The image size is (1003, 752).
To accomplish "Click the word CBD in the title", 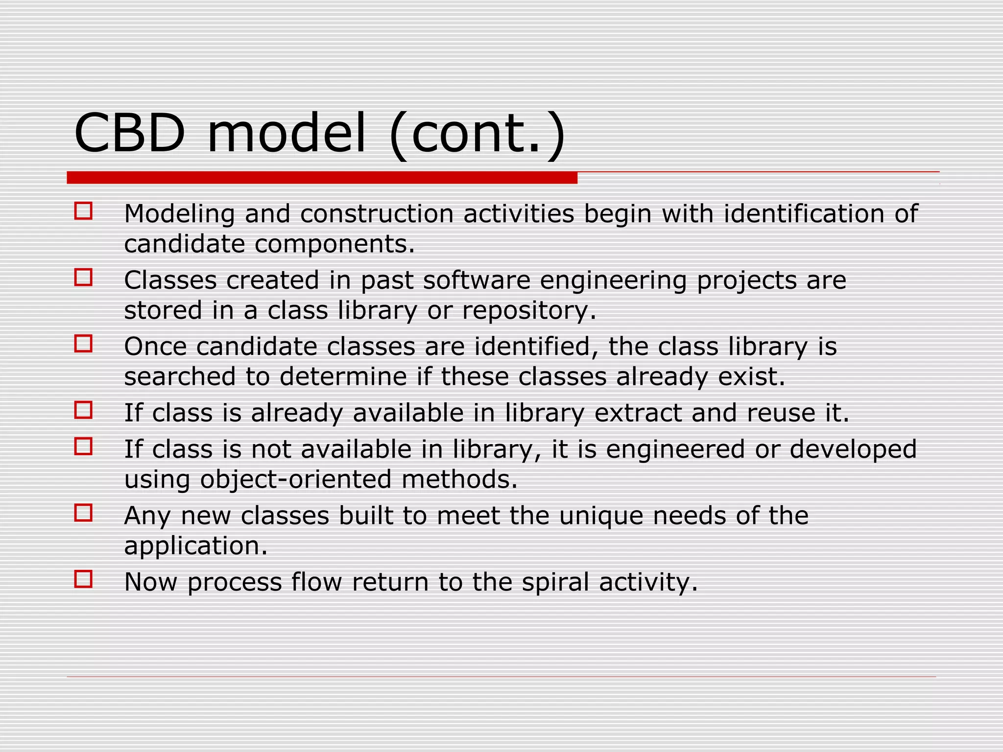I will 130,133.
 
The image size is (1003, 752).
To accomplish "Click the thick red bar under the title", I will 322,178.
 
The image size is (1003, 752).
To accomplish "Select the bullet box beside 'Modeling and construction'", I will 83,211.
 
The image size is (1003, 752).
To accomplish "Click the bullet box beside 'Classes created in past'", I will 83,278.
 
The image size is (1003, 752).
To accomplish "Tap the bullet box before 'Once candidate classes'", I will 83,344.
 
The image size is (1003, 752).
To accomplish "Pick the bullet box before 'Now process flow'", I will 83,579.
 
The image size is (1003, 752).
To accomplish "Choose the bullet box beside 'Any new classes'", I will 83,513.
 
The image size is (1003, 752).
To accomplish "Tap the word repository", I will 529,311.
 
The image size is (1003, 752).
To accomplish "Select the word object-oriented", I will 296,479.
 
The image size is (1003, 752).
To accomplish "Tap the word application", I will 196,546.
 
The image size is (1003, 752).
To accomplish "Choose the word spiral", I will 555,583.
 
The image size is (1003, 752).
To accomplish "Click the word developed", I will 853,449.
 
